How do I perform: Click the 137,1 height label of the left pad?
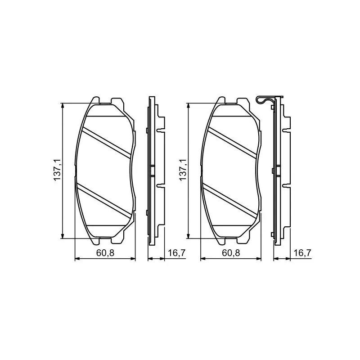57,170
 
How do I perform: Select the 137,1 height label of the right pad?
183,170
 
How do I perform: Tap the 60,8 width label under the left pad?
105,253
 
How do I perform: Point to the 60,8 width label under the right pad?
231,253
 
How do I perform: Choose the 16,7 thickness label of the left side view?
176,253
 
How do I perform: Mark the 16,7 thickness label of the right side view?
302,253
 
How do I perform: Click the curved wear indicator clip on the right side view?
265,100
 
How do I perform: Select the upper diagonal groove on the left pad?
106,143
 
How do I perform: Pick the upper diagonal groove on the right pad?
232,143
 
